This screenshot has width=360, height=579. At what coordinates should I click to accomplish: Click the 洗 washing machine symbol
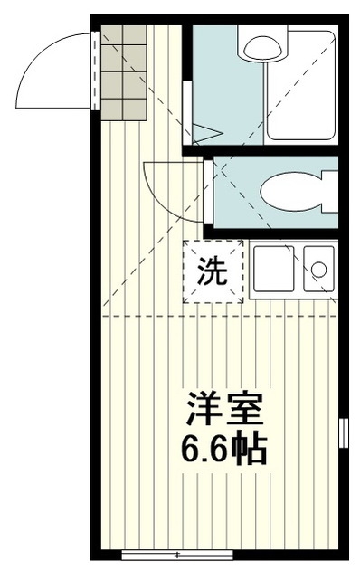pyautogui.click(x=213, y=271)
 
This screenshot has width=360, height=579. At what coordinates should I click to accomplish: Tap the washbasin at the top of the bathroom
pyautogui.click(x=261, y=44)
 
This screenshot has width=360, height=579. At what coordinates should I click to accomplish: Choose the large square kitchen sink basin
pyautogui.click(x=274, y=270)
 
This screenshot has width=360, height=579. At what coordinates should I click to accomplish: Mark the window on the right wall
pyautogui.click(x=343, y=432)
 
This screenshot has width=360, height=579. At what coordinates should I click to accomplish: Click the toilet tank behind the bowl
pyautogui.click(x=329, y=191)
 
